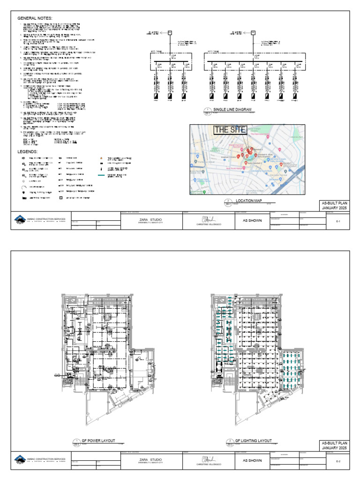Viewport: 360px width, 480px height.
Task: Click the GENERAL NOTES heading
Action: (35, 18)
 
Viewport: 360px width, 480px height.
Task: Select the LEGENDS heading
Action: (28, 152)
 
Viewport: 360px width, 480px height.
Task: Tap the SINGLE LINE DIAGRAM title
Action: (232, 109)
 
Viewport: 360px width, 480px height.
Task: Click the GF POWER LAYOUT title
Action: (98, 441)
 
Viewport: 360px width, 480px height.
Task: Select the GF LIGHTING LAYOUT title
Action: (253, 441)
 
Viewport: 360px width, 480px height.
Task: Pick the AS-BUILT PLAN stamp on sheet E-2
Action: (334, 445)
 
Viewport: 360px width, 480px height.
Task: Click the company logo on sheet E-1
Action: (19, 219)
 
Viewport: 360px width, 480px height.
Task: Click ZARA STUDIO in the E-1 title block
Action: (150, 219)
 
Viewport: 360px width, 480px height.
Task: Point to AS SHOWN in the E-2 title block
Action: (252, 461)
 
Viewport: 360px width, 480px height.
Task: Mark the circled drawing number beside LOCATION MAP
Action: (228, 202)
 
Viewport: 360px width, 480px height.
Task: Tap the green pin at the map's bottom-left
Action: (204, 192)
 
